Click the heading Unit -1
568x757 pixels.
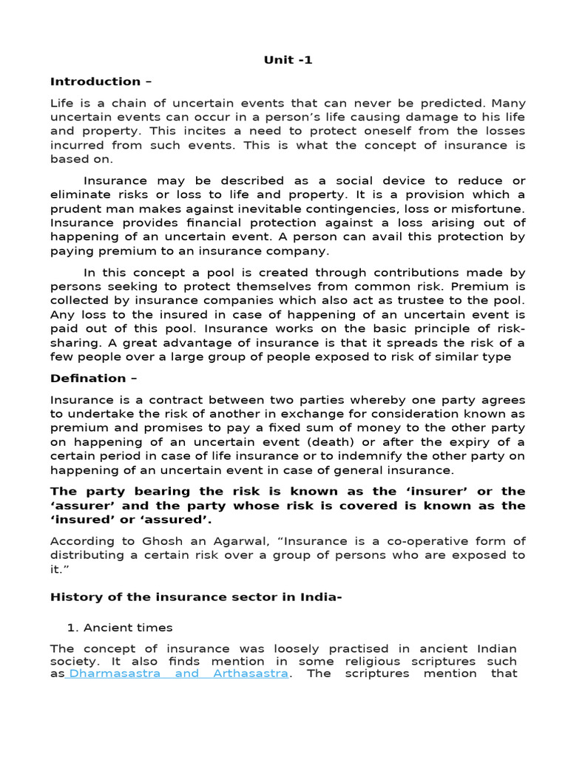click(x=288, y=60)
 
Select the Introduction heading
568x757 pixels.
click(x=95, y=81)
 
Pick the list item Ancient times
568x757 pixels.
click(x=127, y=627)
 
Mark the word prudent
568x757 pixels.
click(x=75, y=209)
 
